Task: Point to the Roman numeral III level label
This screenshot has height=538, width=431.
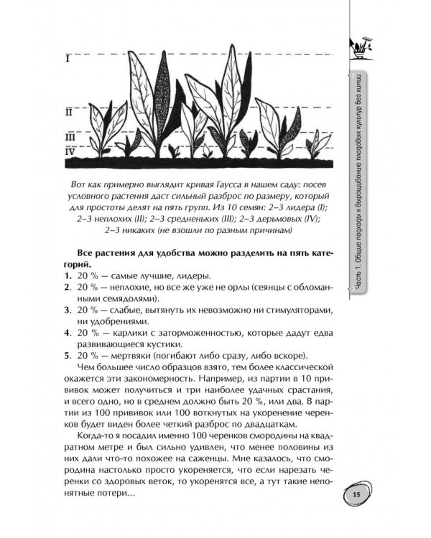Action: coord(70,136)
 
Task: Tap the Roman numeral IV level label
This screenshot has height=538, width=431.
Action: coord(70,151)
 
